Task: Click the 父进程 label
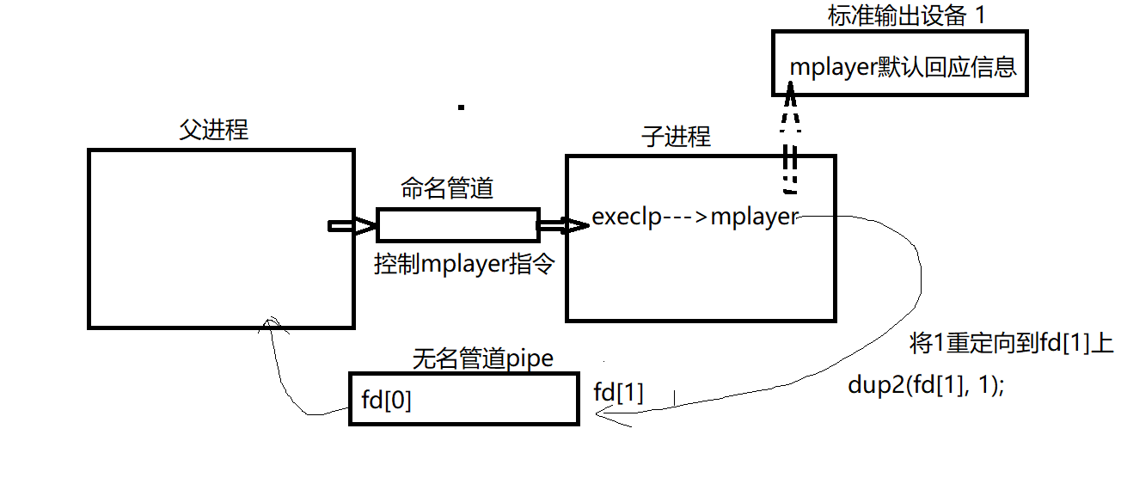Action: [x=214, y=131]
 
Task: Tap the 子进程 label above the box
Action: [x=676, y=137]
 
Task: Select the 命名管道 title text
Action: [x=447, y=188]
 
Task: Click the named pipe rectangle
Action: [x=457, y=225]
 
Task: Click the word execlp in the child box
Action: [x=627, y=217]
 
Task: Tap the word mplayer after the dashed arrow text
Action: [x=754, y=217]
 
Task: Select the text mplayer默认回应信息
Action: [x=904, y=67]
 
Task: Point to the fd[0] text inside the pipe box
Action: [x=386, y=401]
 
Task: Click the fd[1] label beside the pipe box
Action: [x=618, y=393]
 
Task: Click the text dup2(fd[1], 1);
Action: [x=926, y=386]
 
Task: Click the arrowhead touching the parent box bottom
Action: [x=270, y=323]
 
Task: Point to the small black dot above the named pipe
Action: [x=462, y=107]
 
